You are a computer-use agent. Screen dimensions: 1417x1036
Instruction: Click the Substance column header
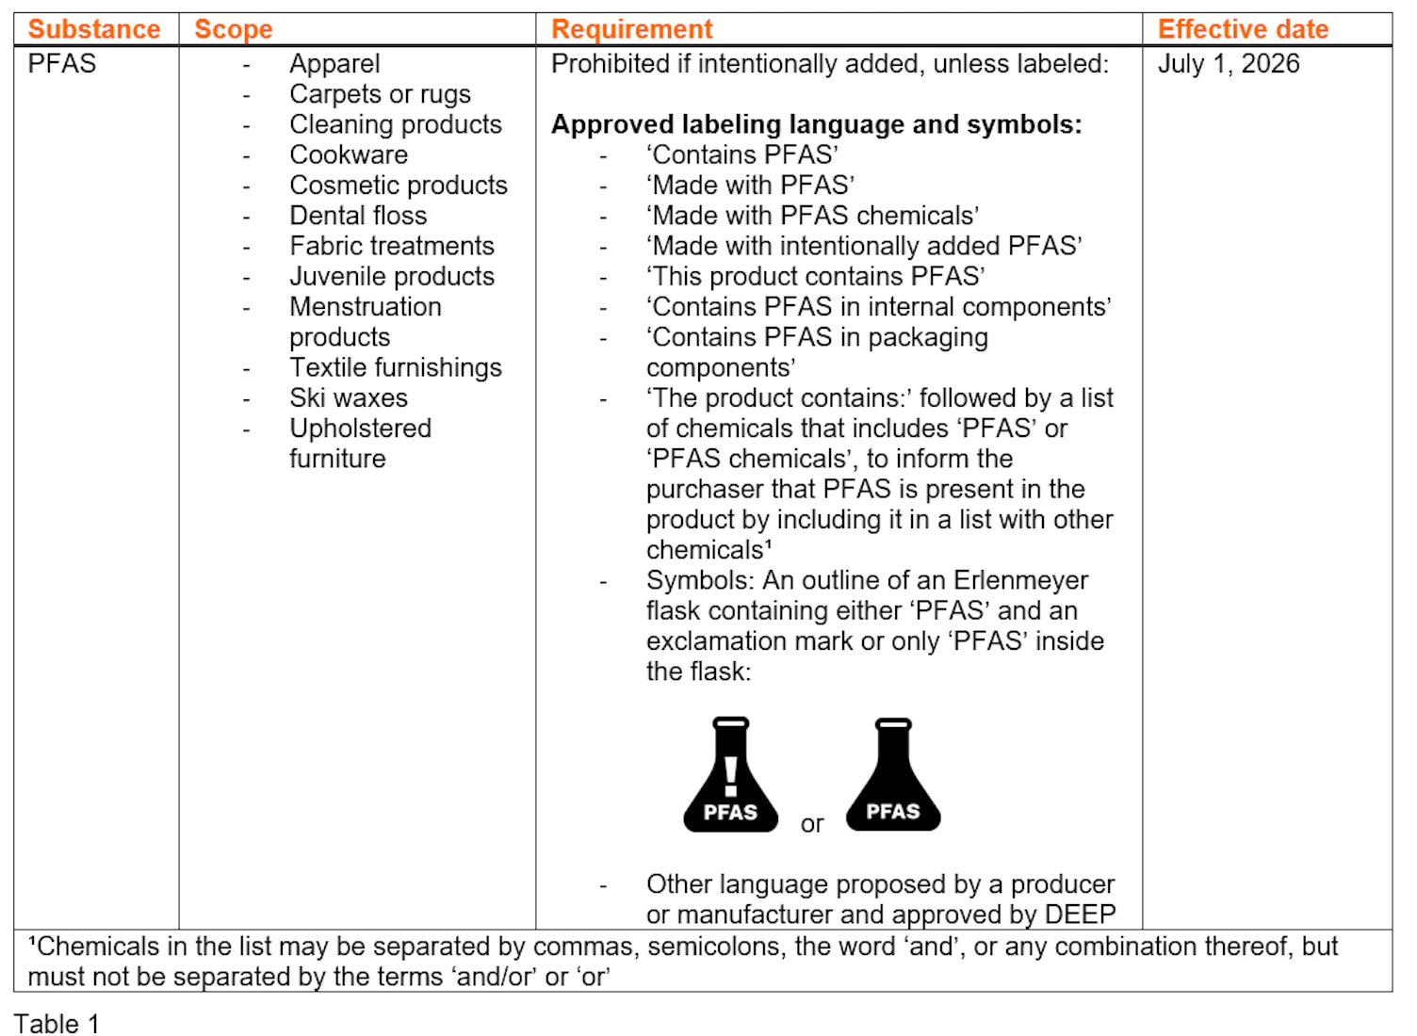click(x=94, y=30)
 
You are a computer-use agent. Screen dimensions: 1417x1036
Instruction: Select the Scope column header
click(x=234, y=30)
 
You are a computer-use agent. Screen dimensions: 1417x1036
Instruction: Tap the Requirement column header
click(x=632, y=30)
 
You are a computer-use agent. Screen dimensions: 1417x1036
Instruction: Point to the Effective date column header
click(x=1243, y=30)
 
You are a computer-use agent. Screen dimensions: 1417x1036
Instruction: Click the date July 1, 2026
click(x=1229, y=64)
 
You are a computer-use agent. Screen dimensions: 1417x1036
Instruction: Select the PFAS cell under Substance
click(x=62, y=64)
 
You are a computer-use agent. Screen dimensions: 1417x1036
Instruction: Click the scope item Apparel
click(x=334, y=64)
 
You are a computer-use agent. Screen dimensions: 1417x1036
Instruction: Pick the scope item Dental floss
click(x=358, y=216)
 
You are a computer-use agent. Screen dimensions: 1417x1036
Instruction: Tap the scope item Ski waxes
click(x=349, y=398)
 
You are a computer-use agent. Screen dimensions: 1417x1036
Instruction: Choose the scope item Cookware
click(x=349, y=155)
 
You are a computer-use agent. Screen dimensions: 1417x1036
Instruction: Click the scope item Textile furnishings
click(x=396, y=368)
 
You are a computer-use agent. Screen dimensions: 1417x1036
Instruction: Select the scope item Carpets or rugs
click(x=381, y=95)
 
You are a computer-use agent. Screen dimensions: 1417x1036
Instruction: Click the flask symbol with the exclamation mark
click(x=731, y=774)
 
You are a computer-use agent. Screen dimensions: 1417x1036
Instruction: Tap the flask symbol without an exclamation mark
click(x=893, y=774)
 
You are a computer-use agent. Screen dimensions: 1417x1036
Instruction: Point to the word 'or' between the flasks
click(x=812, y=824)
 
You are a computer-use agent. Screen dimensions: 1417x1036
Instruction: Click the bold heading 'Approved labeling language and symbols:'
click(x=817, y=125)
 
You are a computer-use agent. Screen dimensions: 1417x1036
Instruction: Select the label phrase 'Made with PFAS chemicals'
click(x=813, y=217)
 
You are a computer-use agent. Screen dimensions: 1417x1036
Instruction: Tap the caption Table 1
click(x=57, y=1025)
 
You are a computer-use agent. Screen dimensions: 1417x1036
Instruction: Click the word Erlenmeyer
click(x=1021, y=580)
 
